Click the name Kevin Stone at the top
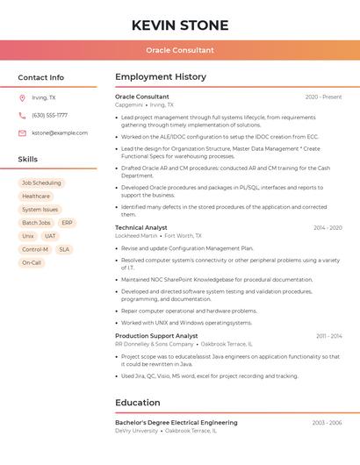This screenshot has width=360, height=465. pyautogui.click(x=180, y=25)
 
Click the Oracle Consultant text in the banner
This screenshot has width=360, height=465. pyautogui.click(x=180, y=51)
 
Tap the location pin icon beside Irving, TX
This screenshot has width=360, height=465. pyautogui.click(x=22, y=97)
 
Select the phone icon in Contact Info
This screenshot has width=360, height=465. pyautogui.click(x=22, y=115)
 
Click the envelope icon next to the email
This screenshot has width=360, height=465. pyautogui.click(x=22, y=132)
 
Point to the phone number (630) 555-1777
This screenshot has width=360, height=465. pyautogui.click(x=49, y=115)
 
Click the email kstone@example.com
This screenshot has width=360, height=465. pyautogui.click(x=60, y=132)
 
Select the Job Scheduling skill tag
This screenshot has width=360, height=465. pyautogui.click(x=41, y=183)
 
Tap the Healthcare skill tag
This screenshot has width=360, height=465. pyautogui.click(x=36, y=197)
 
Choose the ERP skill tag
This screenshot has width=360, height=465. pyautogui.click(x=67, y=223)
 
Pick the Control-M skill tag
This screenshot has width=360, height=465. pyautogui.click(x=35, y=249)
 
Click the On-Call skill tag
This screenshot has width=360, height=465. pyautogui.click(x=32, y=262)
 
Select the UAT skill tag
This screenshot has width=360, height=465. pyautogui.click(x=50, y=236)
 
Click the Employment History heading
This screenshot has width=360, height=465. pyautogui.click(x=161, y=77)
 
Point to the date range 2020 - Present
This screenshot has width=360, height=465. pyautogui.click(x=323, y=97)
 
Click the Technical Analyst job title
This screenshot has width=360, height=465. pyautogui.click(x=140, y=228)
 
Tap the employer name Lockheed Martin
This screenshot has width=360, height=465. pyautogui.click(x=136, y=236)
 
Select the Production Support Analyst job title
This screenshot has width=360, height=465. pyautogui.click(x=156, y=336)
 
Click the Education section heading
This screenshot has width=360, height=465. pyautogui.click(x=137, y=403)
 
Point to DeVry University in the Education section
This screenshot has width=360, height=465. pyautogui.click(x=136, y=431)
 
